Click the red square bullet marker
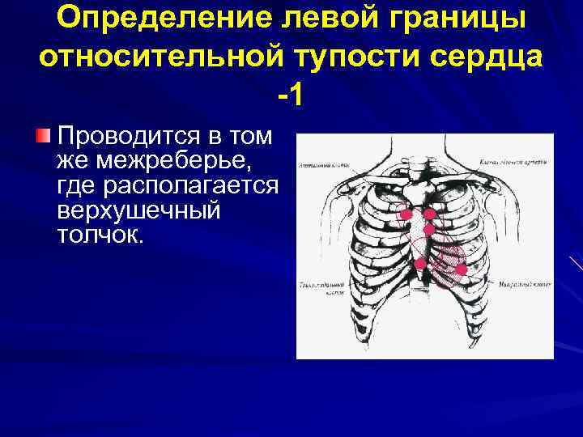46,134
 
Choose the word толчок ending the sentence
100,236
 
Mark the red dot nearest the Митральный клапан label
461,269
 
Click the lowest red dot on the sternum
420,264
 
